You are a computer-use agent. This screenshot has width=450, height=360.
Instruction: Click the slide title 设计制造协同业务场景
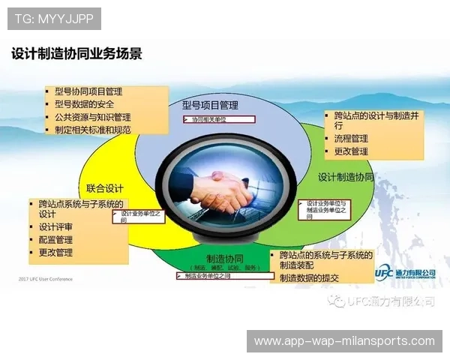click(76, 54)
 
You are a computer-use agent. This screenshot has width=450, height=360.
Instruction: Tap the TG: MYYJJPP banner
click(53, 18)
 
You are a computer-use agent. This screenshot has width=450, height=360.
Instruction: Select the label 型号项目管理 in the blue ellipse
click(210, 105)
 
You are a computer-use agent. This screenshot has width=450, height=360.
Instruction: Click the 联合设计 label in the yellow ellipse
click(104, 188)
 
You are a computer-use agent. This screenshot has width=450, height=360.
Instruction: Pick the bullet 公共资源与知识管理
click(92, 117)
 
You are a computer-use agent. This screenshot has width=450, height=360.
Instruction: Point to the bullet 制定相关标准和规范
click(92, 130)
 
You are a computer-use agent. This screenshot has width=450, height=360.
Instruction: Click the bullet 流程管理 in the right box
click(351, 139)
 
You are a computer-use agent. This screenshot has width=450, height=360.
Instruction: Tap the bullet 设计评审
click(55, 227)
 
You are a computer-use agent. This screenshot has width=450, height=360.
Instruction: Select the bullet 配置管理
click(55, 240)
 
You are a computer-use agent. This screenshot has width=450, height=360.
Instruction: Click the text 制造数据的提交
click(309, 278)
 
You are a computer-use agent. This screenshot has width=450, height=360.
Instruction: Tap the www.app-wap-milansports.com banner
click(344, 341)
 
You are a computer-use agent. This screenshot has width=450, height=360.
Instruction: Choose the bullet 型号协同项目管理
click(88, 91)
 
